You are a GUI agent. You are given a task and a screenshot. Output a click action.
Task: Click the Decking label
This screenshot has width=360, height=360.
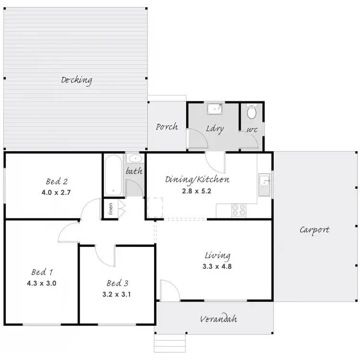coord(76,80)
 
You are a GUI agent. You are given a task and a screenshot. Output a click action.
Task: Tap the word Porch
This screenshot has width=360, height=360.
coord(167,127)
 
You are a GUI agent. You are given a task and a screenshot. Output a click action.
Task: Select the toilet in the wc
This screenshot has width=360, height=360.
coord(252,113)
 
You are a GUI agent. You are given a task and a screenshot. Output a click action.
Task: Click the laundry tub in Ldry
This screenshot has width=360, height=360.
coord(214,109)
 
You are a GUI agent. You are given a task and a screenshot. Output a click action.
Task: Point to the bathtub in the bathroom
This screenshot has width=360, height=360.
coord(114,175)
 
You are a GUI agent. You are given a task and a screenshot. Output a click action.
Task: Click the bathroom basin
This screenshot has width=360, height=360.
coord(134,158)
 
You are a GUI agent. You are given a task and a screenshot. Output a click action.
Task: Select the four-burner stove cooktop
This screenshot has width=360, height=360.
coord(239,210)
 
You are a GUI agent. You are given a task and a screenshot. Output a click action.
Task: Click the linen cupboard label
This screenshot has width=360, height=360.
coord(110,209)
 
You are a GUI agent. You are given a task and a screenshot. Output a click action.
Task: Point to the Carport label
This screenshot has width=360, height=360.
coord(314,230)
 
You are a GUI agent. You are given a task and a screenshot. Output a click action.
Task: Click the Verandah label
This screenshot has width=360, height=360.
coord(218,319)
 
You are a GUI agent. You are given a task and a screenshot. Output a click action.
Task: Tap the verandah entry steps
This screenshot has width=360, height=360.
coord(169,343)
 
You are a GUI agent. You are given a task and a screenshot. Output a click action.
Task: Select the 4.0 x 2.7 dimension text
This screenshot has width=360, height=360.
coord(56,192)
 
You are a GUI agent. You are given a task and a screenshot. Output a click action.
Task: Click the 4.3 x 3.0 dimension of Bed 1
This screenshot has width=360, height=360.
coord(42,283)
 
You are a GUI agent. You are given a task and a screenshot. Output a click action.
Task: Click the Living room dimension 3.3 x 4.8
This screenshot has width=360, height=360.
coord(217,266)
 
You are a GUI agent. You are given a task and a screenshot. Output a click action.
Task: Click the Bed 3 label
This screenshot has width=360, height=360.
coord(117,283)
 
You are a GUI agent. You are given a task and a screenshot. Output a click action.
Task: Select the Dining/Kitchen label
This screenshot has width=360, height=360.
coord(197,180)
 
